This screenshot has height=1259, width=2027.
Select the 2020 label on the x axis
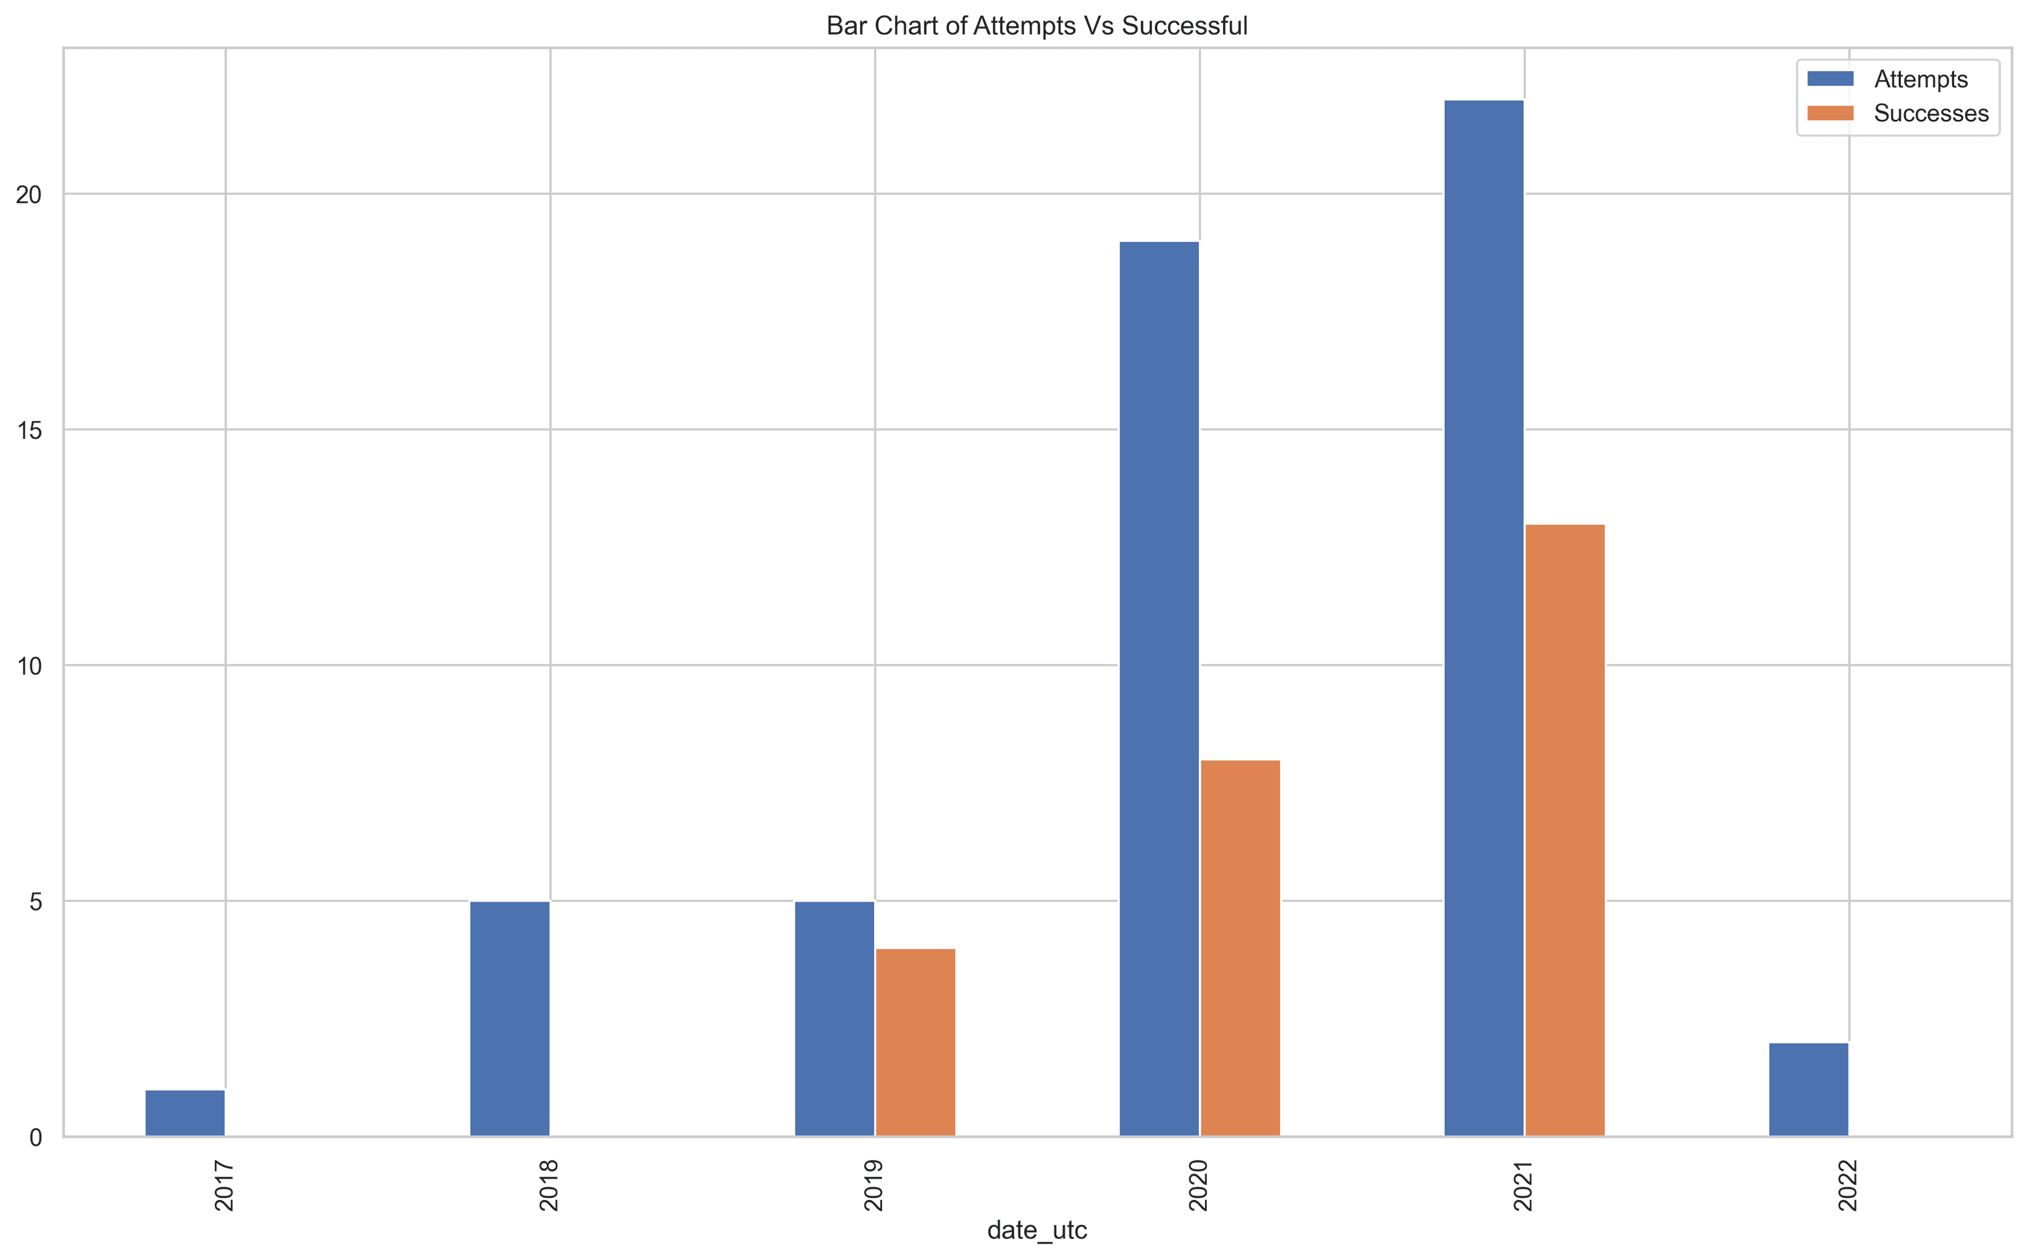1199,1187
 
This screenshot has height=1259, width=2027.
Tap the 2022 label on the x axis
1848,1187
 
